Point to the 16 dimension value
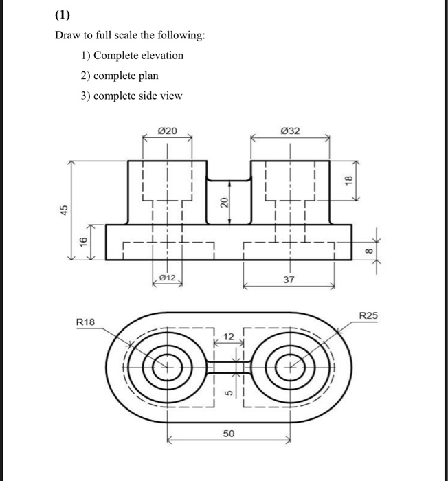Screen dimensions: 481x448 click(82, 241)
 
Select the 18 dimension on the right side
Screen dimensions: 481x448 click(348, 180)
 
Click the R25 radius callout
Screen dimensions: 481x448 click(368, 315)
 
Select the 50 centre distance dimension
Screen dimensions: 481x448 click(228, 434)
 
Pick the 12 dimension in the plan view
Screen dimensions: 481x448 click(229, 336)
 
